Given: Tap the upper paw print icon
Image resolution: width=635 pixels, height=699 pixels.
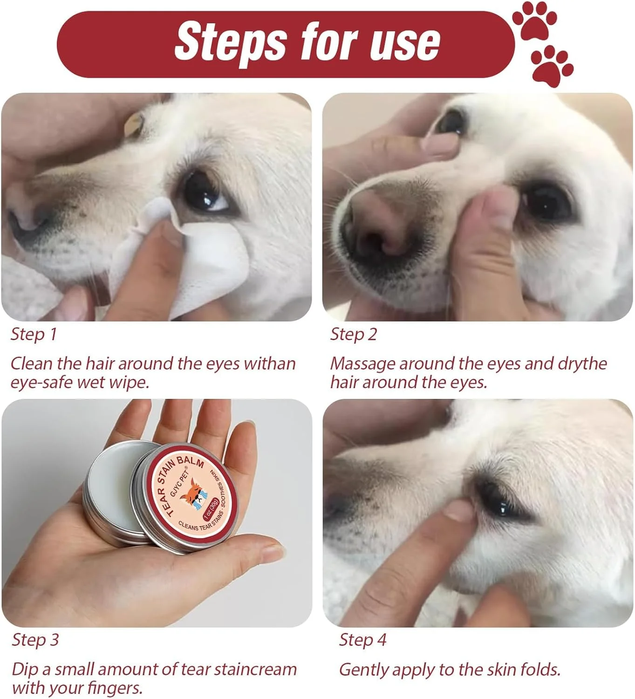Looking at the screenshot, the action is pyautogui.click(x=535, y=21).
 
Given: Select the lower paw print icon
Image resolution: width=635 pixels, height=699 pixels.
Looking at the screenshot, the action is pyautogui.click(x=552, y=66).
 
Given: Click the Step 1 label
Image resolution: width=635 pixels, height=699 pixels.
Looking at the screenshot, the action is pyautogui.click(x=34, y=335).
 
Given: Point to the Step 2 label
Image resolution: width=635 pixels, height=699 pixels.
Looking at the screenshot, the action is pyautogui.click(x=354, y=335).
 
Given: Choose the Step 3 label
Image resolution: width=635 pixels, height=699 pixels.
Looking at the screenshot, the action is pyautogui.click(x=35, y=640).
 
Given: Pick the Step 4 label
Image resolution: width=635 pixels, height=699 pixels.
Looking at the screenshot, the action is pyautogui.click(x=362, y=640).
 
